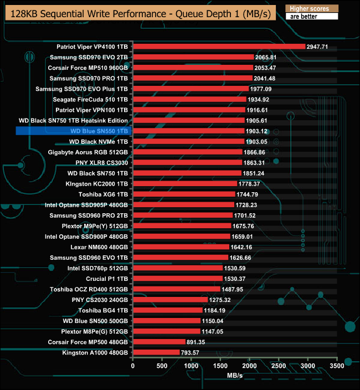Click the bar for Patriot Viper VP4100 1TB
tap(219, 47)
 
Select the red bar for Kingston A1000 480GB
tap(157, 352)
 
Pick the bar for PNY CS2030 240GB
tap(170, 300)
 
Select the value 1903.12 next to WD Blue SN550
tap(256, 131)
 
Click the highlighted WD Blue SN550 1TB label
tap(100, 131)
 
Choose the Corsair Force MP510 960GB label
tap(89, 68)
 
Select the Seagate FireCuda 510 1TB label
tap(90, 99)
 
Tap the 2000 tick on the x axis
tap(250, 366)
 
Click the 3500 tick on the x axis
tap(337, 366)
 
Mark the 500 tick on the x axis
tap(162, 366)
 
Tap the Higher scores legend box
tap(311, 9)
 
